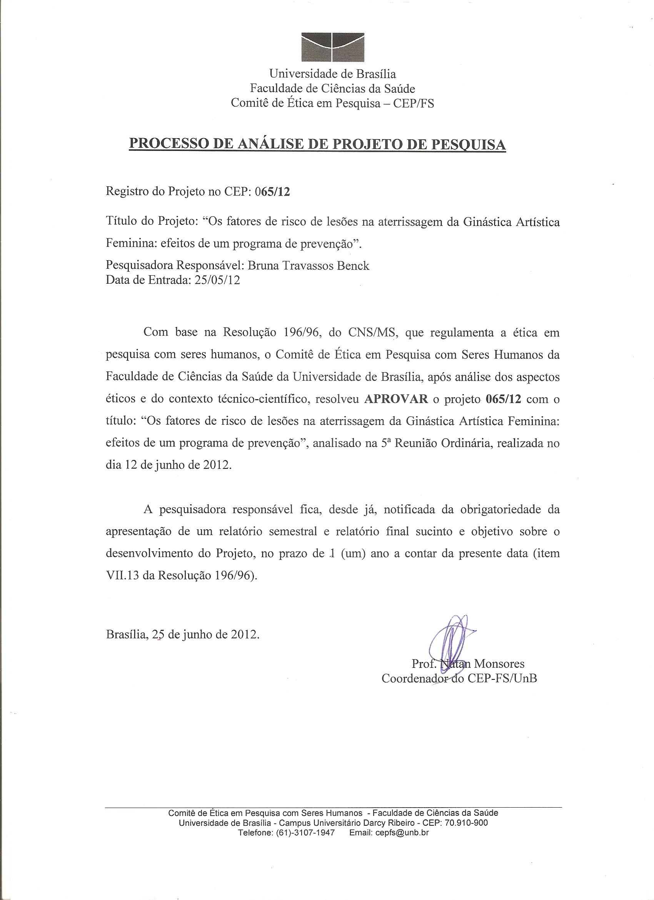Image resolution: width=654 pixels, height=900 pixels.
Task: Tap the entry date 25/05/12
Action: (217, 280)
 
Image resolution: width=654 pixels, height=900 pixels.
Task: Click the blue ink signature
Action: (452, 639)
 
